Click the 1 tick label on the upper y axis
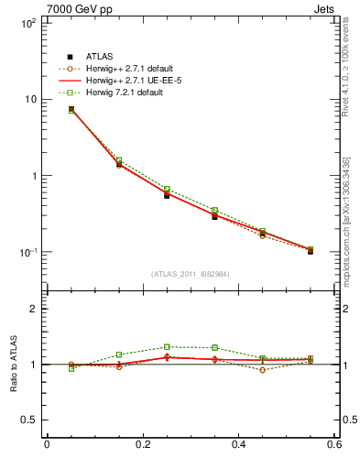[x=34, y=176]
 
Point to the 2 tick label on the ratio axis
[x=34, y=309]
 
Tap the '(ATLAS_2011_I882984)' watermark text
[x=190, y=274]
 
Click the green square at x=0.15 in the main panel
[x=119, y=160]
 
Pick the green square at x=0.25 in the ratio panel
[x=167, y=347]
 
